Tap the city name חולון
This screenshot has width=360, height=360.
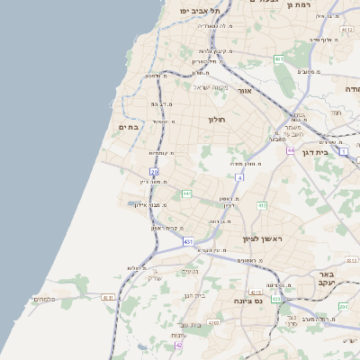point(216,120)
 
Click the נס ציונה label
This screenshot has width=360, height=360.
point(247,301)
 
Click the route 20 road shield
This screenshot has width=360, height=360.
point(154,171)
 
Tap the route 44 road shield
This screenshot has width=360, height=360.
point(291,150)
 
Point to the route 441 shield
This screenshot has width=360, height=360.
point(186,193)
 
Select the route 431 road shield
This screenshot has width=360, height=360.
point(188,242)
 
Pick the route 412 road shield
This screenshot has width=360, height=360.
point(262,206)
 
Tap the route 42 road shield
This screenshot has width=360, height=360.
point(178,345)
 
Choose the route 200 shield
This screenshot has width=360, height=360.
point(343,307)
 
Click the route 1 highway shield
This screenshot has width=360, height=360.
point(343,151)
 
